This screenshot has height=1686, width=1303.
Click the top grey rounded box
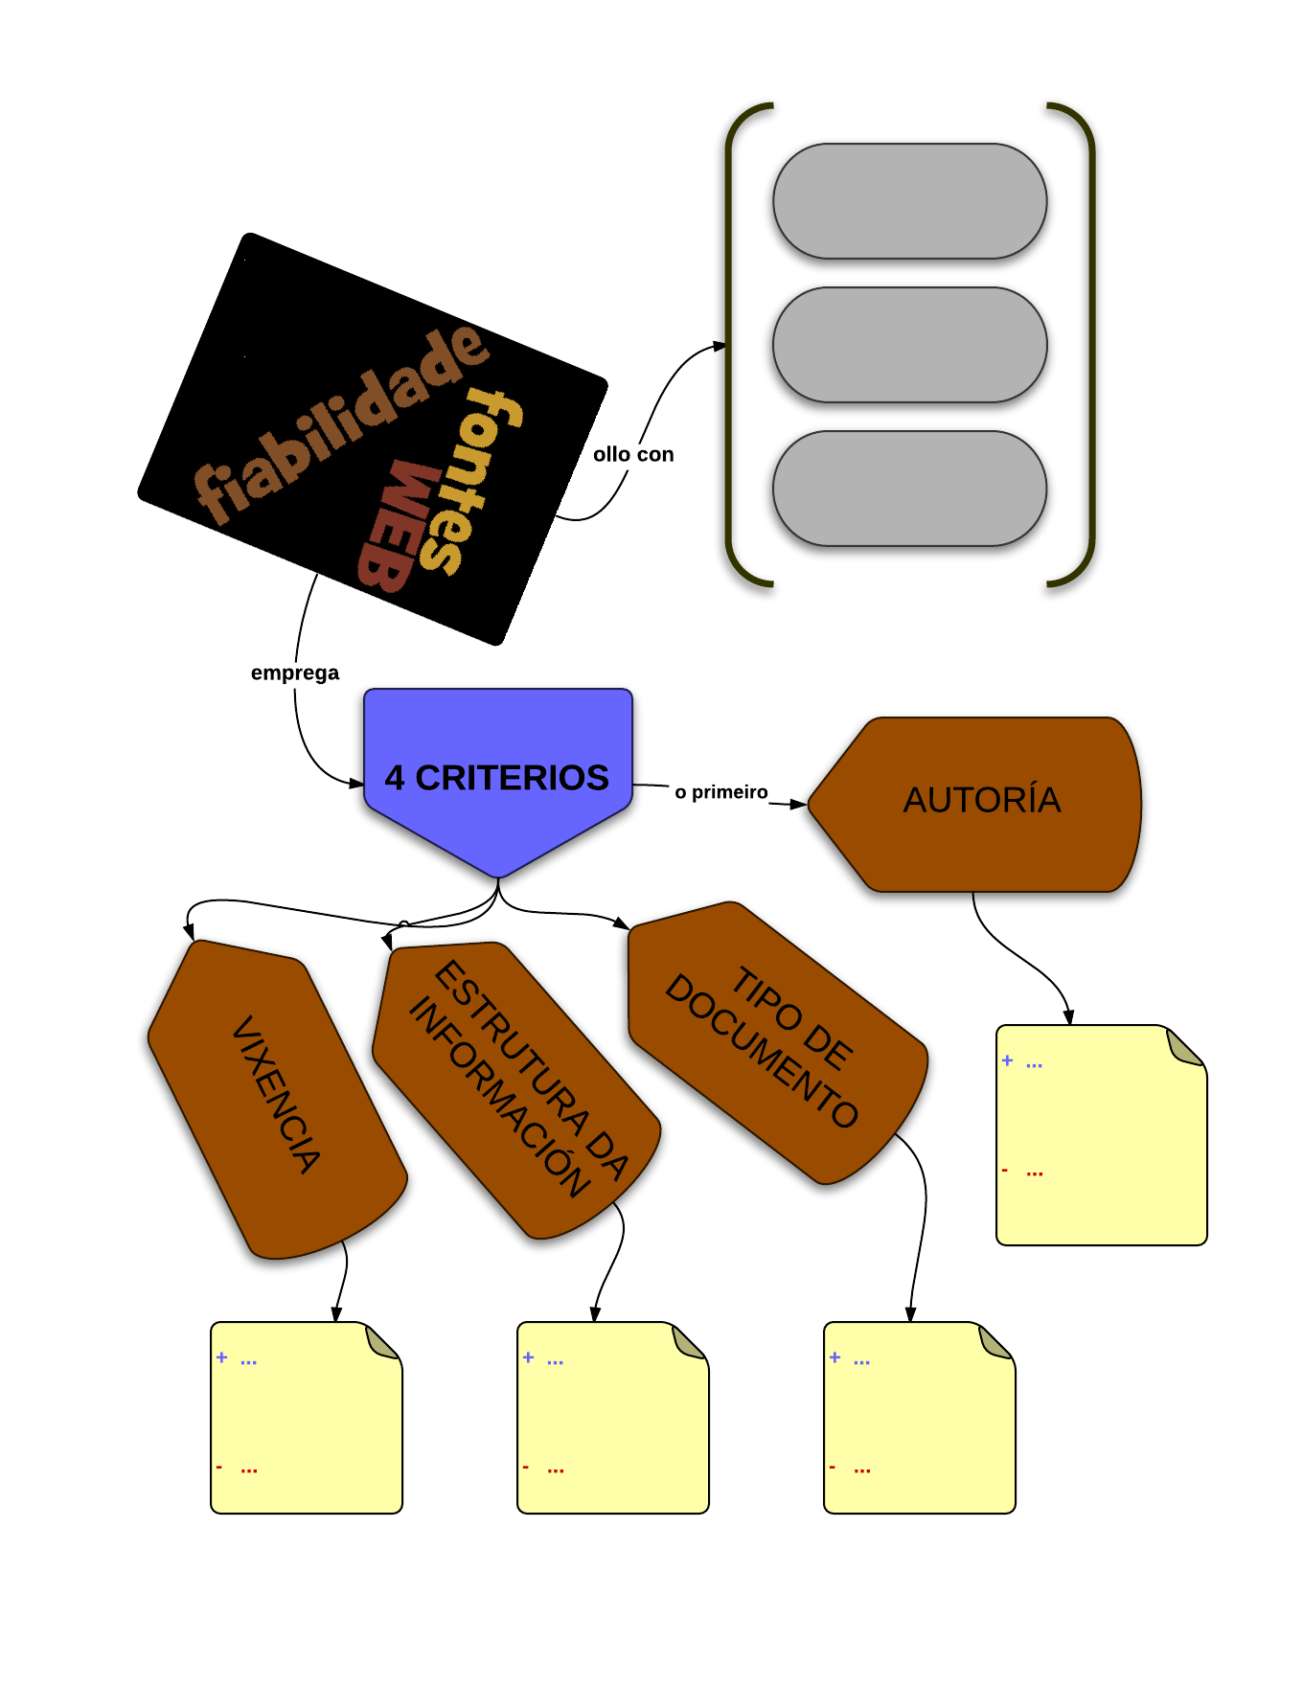pos(909,201)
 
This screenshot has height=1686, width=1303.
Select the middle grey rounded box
pos(909,345)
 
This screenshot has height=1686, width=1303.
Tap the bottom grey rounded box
pos(909,489)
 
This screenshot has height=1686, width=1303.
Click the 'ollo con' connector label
pos(633,454)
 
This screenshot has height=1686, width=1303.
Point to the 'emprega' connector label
pos(295,672)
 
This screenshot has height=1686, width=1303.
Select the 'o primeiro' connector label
pos(721,792)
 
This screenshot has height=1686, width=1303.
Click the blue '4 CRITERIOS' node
pos(497,777)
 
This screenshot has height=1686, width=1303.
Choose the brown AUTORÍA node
pos(981,801)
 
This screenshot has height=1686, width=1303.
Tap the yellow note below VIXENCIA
pos(306,1418)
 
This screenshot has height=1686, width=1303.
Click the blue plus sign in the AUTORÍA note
pos(1007,1060)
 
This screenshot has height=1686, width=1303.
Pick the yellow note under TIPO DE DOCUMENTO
pos(919,1418)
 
